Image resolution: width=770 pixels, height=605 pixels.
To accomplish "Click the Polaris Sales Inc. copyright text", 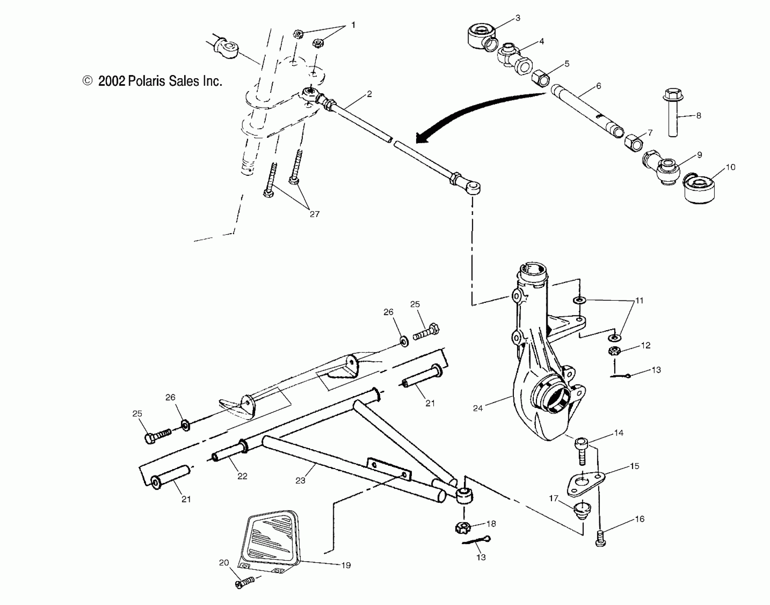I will tap(153, 81).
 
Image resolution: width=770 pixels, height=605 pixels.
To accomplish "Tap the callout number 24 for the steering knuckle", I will tap(477, 408).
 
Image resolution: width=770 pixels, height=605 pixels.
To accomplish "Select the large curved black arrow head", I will tap(424, 137).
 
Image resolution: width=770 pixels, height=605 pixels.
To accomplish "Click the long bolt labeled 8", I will tap(672, 112).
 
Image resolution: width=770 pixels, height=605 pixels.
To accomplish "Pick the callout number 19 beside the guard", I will tap(346, 565).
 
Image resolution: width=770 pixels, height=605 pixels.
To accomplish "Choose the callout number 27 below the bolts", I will tap(314, 214).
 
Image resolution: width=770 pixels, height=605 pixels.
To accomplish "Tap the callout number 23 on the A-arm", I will tap(300, 480).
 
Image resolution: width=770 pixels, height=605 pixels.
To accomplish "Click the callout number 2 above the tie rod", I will tap(369, 94).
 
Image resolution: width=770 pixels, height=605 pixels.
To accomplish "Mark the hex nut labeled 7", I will tap(634, 142).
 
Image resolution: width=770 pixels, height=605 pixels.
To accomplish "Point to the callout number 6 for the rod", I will tap(598, 86).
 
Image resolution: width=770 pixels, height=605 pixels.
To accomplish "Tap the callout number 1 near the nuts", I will tap(353, 25).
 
